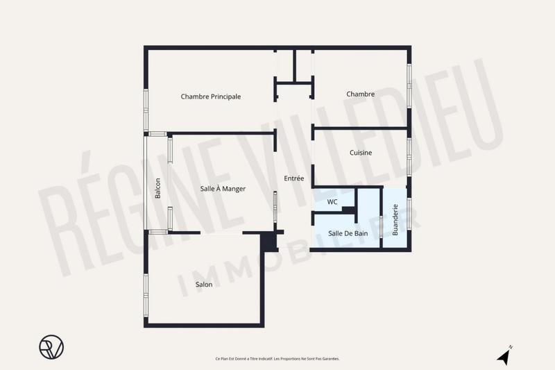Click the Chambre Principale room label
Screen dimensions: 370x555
[x=211, y=96]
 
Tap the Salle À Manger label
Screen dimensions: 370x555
[x=223, y=188]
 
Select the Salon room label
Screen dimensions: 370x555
[x=203, y=284]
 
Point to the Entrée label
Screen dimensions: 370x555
[x=294, y=178]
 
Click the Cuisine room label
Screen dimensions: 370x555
[x=361, y=153]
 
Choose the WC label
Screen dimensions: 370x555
[x=332, y=202]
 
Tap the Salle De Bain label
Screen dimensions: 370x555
[x=348, y=233]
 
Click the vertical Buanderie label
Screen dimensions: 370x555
[x=395, y=219]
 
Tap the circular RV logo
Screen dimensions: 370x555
[x=51, y=346]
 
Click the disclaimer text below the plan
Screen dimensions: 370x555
[x=277, y=359]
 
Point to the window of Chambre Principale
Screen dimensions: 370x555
[x=146, y=110]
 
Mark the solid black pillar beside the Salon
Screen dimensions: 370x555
[x=269, y=240]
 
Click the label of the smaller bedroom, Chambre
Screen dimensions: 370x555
[x=361, y=94]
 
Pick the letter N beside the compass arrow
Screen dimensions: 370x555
[x=511, y=346]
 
